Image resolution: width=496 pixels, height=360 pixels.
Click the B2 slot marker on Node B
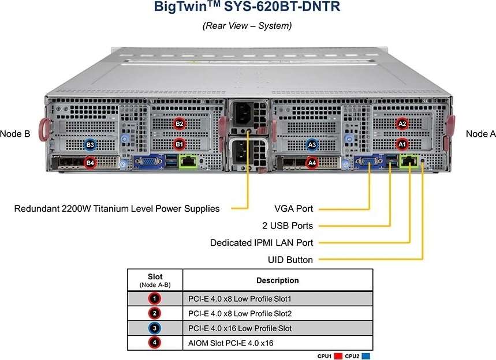click(180, 123)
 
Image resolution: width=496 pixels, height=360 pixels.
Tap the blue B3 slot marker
click(90, 144)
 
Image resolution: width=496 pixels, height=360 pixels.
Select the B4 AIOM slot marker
click(90, 163)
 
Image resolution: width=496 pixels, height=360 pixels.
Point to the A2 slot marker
click(402, 123)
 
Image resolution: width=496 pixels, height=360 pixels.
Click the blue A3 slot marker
click(312, 144)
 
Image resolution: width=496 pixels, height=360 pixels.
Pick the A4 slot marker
click(312, 163)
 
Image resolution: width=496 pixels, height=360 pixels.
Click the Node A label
click(480, 134)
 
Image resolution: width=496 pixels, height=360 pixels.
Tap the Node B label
click(15, 134)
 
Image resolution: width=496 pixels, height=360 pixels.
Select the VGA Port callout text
click(293, 208)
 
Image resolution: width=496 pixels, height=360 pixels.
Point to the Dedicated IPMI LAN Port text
click(262, 242)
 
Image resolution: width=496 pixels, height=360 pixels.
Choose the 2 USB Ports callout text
click(287, 225)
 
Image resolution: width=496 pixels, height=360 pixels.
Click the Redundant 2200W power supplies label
click(117, 208)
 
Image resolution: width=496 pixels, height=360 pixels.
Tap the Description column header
click(277, 280)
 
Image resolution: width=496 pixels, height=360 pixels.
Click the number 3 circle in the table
click(155, 328)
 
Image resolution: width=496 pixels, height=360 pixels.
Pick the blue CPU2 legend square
click(366, 356)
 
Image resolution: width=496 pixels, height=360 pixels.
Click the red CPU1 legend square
click(339, 356)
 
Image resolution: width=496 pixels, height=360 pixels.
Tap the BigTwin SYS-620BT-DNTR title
click(247, 8)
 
